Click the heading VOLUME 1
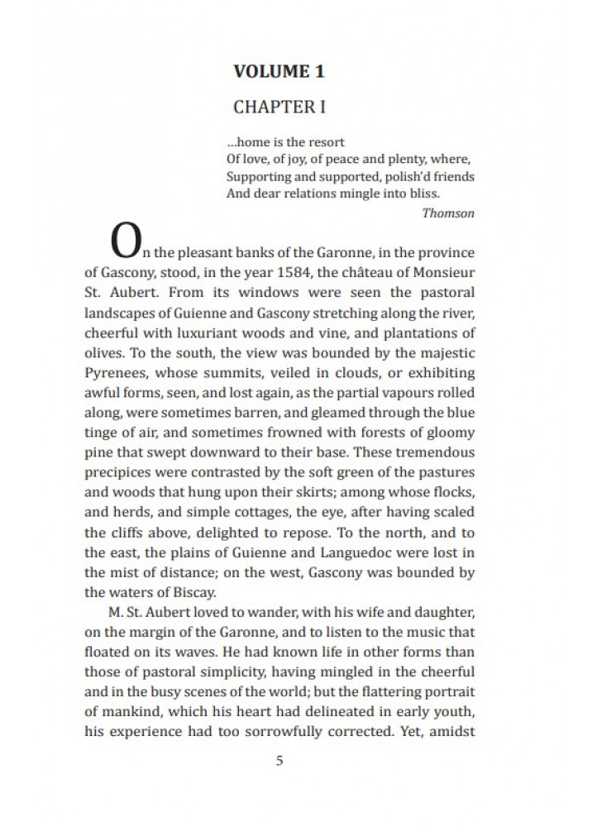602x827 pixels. tap(279, 71)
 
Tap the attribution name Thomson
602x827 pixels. tap(448, 213)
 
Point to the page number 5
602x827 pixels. tap(279, 760)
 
